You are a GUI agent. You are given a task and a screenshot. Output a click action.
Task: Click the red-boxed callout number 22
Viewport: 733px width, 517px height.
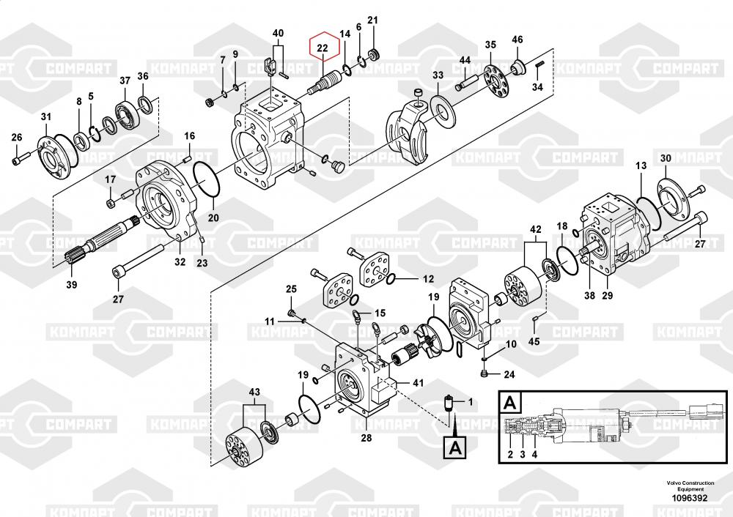(x=323, y=49)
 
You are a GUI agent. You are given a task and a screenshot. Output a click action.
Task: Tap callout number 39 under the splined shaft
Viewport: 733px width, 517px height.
(x=71, y=284)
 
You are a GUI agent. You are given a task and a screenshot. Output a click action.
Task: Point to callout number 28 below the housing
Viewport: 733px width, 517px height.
(x=366, y=438)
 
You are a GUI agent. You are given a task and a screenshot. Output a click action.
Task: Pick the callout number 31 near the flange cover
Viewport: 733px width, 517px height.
(x=46, y=117)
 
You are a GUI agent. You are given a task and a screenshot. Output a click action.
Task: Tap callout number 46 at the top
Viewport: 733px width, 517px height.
(x=517, y=39)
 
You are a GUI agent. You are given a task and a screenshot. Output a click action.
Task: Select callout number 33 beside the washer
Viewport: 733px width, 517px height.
(x=438, y=75)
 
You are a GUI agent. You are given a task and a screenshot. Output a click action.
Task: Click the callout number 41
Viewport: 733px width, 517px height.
(x=419, y=382)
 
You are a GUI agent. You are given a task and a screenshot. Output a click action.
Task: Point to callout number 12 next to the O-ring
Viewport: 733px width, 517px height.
(x=428, y=279)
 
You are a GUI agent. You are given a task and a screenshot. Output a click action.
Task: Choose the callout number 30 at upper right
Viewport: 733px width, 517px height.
(x=665, y=159)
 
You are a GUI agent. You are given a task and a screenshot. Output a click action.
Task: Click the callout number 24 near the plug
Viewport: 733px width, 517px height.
(x=509, y=376)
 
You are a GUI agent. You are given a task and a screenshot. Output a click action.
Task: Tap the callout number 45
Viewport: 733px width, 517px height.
(x=534, y=341)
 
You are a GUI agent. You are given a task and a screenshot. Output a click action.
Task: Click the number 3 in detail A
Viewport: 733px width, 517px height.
(x=523, y=454)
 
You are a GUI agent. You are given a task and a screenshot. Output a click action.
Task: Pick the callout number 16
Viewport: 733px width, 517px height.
(x=189, y=136)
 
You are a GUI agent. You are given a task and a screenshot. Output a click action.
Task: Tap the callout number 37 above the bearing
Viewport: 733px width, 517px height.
(x=125, y=81)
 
